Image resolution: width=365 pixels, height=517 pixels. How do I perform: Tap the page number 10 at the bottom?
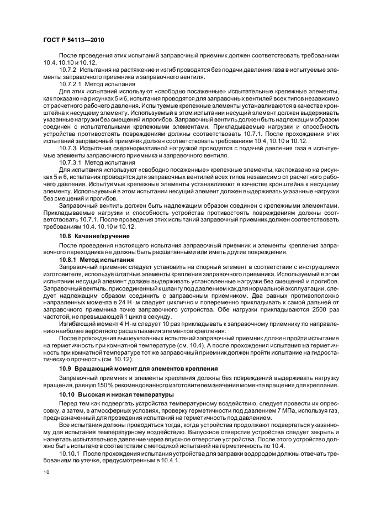46,472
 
